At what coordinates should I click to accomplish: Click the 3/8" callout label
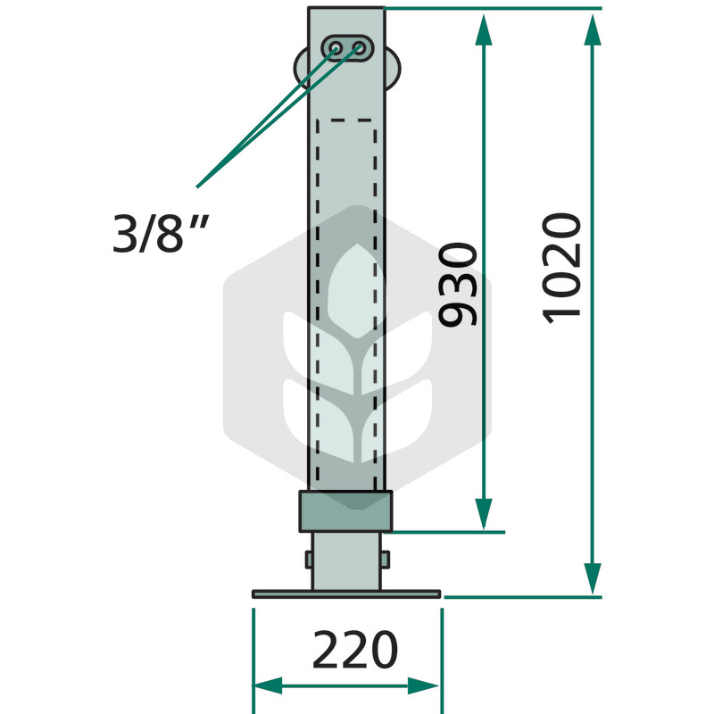click(161, 233)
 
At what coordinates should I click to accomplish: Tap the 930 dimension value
click(458, 285)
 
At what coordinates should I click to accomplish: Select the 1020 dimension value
click(561, 269)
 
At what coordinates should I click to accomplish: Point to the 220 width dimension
click(355, 650)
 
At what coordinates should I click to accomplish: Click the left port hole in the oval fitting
click(336, 48)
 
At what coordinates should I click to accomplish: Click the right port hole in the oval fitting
click(360, 48)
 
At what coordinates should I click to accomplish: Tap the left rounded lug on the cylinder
click(301, 69)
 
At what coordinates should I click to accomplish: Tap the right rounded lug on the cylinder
click(393, 69)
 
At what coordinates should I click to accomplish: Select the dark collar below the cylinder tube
click(345, 511)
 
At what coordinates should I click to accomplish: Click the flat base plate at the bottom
click(346, 594)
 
